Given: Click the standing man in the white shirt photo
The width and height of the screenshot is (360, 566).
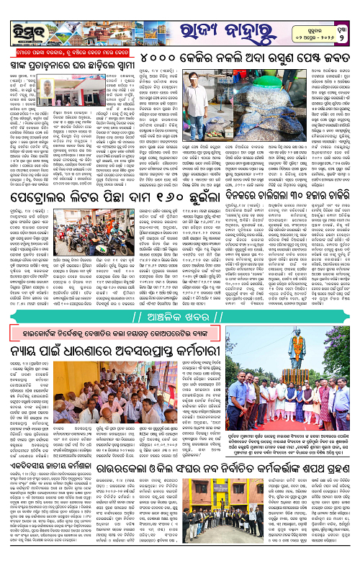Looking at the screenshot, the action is pos(197,94).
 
